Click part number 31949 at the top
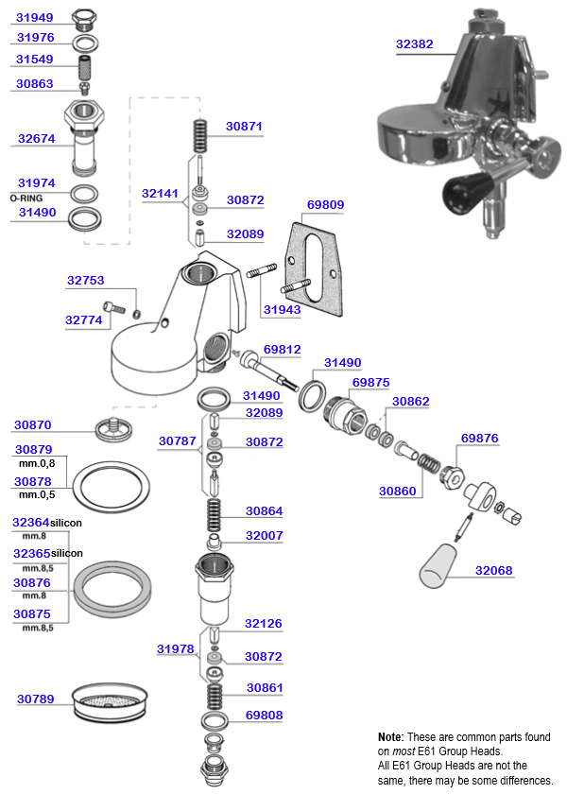[x=35, y=16]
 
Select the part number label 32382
[x=414, y=43]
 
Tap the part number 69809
[x=326, y=204]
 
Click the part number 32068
[x=493, y=571]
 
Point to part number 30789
[x=35, y=699]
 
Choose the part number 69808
[x=264, y=716]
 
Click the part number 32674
[x=36, y=138]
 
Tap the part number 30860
[x=397, y=492]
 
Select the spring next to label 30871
[x=200, y=136]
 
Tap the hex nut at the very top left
[x=84, y=17]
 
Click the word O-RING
[x=26, y=199]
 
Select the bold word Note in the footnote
[x=390, y=736]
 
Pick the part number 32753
[x=85, y=280]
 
